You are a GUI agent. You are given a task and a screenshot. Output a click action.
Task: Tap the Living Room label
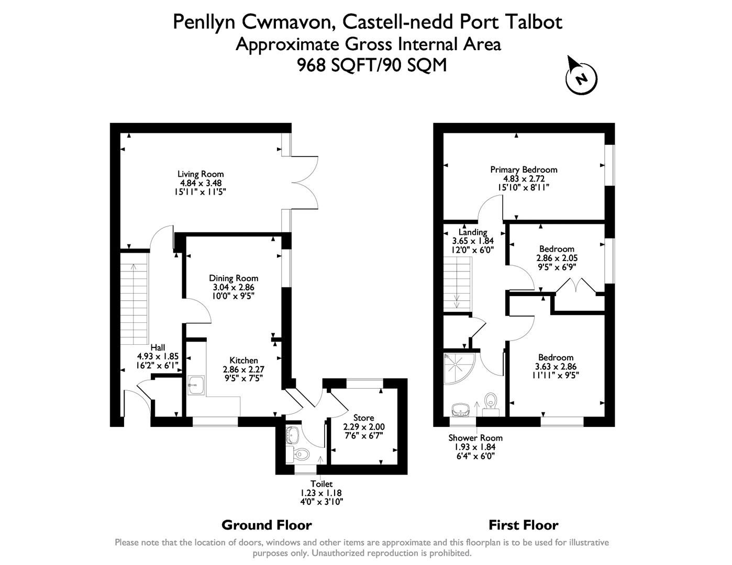coord(201,174)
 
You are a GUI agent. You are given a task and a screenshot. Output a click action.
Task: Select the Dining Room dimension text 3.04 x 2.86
coord(234,287)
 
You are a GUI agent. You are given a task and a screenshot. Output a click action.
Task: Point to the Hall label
coord(158,347)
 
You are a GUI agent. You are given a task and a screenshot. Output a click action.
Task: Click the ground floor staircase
coord(134,303)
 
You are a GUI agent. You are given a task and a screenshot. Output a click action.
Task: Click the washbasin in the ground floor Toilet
coord(292,434)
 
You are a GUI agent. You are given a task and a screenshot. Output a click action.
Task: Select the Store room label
coord(363,417)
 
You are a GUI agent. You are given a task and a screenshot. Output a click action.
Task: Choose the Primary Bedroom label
coord(524,169)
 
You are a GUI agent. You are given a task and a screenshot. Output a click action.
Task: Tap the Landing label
coord(473,232)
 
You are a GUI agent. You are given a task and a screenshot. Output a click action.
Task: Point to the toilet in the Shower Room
coord(491,402)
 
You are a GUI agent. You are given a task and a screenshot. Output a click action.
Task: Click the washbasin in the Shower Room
coord(461,409)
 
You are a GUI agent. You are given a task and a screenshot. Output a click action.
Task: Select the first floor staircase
coord(458,285)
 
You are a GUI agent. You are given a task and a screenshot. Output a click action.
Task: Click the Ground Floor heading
coord(267,525)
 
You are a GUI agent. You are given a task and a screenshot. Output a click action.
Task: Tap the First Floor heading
coord(523,525)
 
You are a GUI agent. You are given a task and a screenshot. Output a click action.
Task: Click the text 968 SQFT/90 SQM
coord(372,65)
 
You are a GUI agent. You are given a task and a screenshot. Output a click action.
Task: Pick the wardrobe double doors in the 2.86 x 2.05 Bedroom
coord(575,287)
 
